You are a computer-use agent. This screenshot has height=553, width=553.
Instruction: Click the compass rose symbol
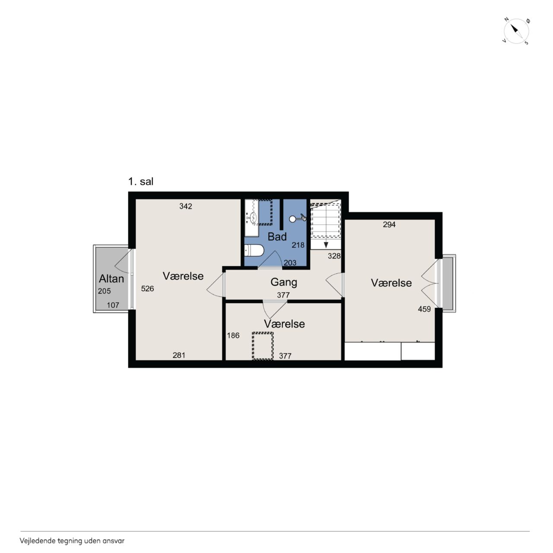pos(516,31)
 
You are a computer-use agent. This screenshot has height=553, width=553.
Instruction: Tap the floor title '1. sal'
pos(140,181)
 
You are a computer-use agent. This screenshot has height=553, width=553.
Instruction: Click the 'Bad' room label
pos(277,237)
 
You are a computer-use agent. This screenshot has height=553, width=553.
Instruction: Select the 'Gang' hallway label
pos(283,283)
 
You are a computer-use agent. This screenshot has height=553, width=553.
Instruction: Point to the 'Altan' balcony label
pos(111,279)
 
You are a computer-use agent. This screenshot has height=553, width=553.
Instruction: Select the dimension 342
pos(186,206)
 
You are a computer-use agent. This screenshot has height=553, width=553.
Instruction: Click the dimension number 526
pos(147,289)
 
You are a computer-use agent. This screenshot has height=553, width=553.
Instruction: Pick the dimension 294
pos(389,224)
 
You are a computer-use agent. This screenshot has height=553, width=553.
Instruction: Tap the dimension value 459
pos(424,309)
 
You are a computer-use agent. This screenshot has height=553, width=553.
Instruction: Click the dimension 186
pos(233,335)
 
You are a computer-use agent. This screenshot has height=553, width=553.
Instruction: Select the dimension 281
pos(179,355)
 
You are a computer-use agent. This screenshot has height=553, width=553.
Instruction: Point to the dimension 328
pos(334,256)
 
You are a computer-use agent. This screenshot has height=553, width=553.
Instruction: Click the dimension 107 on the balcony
pos(113,305)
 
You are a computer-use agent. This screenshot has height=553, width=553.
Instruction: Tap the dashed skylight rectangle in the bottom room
pos(263,346)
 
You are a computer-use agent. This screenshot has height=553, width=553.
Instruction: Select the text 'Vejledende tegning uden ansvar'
pos(72,541)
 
